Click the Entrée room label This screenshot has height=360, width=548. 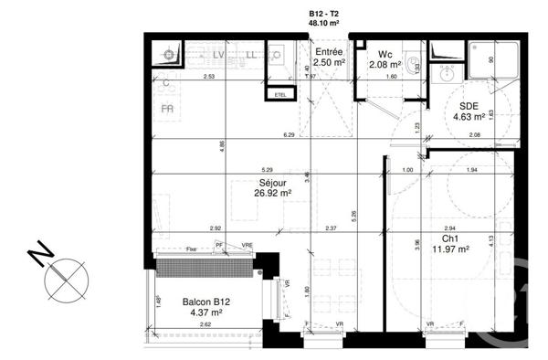coord(329,52)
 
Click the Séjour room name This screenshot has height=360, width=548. coord(274,183)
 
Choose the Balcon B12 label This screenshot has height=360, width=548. coord(205,302)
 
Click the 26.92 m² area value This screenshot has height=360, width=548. coord(274,194)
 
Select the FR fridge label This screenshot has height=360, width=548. coord(167,108)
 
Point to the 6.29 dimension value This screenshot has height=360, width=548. coord(290,135)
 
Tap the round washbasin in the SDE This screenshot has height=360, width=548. coord(448,77)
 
